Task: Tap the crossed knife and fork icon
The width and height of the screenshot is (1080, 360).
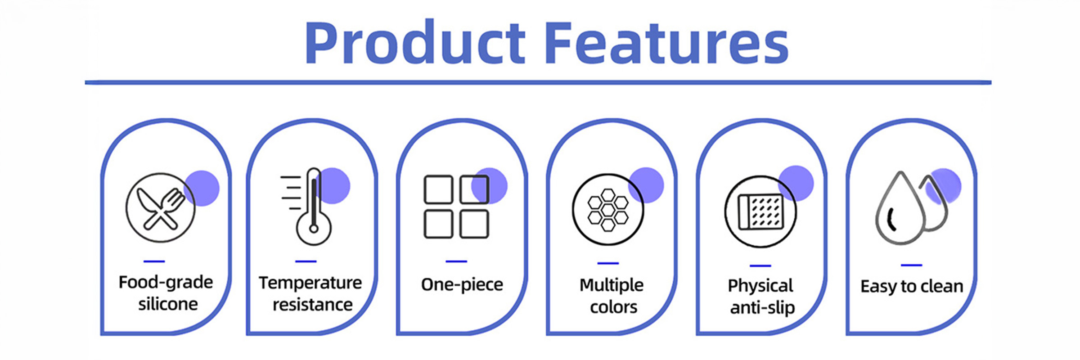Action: (161, 207)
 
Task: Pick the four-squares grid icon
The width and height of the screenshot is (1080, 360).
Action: (456, 207)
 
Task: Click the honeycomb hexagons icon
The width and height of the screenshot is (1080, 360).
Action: (608, 210)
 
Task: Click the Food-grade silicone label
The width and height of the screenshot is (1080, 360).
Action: (166, 293)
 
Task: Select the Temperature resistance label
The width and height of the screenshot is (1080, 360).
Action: (310, 294)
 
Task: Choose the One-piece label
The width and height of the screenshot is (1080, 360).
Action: (462, 284)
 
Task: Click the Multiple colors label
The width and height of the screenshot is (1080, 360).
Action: (612, 296)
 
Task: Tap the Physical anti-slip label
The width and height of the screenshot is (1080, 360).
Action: (761, 297)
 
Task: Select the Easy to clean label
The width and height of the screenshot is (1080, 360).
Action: (912, 287)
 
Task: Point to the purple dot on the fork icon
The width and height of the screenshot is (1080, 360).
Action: (202, 188)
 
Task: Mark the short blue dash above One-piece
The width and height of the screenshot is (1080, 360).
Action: (456, 261)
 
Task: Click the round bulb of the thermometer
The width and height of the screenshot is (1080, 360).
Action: (314, 229)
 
